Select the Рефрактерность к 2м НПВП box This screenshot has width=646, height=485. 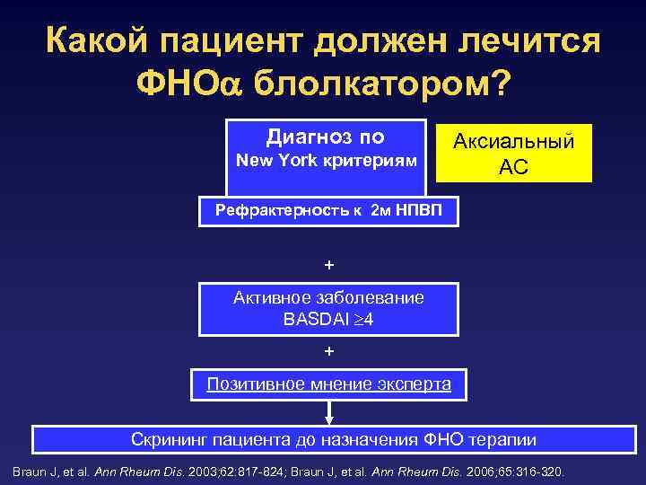[329, 212]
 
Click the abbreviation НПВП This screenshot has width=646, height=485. [429, 212]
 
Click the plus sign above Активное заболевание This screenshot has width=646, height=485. [328, 265]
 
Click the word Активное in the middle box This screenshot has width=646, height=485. [266, 297]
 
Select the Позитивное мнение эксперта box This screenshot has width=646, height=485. [329, 384]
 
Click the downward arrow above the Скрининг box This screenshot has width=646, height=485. [329, 412]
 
